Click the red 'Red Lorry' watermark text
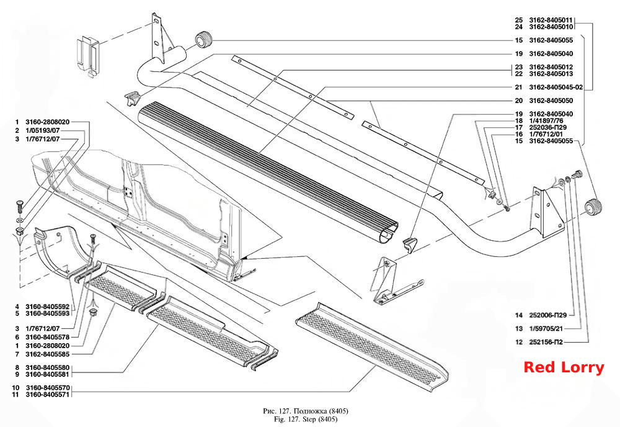(564, 367)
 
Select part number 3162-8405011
(551, 20)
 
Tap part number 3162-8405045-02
(556, 87)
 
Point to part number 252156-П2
(546, 342)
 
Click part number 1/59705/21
(546, 328)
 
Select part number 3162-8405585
(48, 354)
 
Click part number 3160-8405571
(48, 395)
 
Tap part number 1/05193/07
(43, 130)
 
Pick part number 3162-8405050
(551, 101)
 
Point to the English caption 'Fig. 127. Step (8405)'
(306, 419)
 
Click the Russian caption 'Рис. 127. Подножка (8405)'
(306, 411)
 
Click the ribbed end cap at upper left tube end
(204, 39)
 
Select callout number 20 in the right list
(519, 101)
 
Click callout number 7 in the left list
(17, 354)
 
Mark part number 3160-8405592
(48, 307)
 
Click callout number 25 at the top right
(519, 20)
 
